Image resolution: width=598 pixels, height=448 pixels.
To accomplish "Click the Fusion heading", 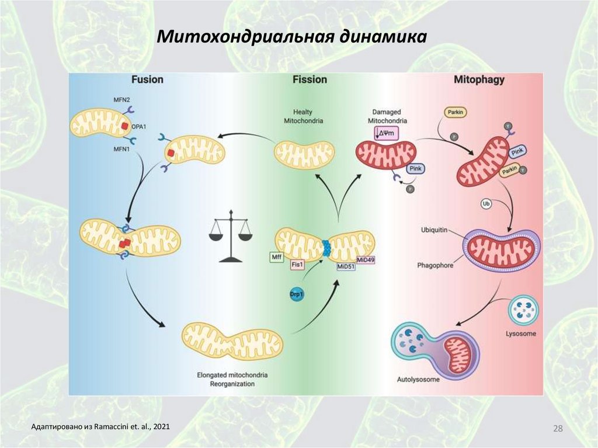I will (147, 79).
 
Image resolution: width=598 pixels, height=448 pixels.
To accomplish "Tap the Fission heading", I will (310, 79).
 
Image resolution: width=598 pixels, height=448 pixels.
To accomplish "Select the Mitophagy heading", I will (479, 79).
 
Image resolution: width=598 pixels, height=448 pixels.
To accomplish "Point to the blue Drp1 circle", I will (297, 294).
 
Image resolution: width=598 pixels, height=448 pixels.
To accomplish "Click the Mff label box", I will (276, 256).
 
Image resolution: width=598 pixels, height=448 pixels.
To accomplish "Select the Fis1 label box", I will (297, 265).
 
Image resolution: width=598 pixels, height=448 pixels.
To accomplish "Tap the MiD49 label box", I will (365, 259).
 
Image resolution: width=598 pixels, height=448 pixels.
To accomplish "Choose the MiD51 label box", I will (346, 266).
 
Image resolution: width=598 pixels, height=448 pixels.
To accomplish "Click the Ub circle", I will (485, 204).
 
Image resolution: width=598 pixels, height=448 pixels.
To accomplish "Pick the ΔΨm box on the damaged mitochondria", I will (386, 133).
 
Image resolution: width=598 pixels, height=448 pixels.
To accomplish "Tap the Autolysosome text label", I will (418, 378).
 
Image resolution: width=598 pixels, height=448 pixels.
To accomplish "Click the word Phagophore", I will (435, 265).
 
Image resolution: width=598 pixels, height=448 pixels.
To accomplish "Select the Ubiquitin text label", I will (434, 230).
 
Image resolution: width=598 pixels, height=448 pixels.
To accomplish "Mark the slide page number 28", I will (558, 429).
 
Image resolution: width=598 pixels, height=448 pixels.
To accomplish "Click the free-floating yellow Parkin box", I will (456, 112).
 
